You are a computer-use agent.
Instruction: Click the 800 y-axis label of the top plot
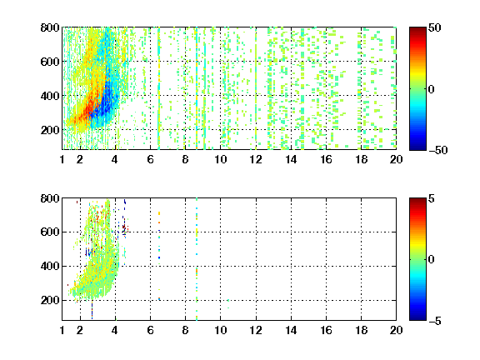pos(50,27)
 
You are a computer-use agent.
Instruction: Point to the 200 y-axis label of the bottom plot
pos(50,300)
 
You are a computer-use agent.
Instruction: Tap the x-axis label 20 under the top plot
pos(396,159)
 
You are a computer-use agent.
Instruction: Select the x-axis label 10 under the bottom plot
pos(220,330)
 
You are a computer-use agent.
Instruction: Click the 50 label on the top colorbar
pos(434,27)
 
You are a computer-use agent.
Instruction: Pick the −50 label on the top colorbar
pos(437,150)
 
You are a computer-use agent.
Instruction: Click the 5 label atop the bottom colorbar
pos(432,198)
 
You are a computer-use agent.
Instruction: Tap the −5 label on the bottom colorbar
pos(435,321)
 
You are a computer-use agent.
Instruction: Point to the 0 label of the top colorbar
pos(432,89)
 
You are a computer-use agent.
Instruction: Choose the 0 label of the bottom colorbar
pos(432,260)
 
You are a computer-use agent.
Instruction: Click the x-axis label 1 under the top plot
pos(62,159)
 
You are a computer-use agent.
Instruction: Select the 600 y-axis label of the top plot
pos(50,62)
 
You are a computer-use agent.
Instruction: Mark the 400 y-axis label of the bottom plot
pos(50,266)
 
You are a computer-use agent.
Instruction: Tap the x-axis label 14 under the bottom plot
pos(291,330)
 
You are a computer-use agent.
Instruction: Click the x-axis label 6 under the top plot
pos(150,159)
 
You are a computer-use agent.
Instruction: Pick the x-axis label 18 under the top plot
pos(361,159)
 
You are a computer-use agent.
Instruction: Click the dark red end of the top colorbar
pos(417,29)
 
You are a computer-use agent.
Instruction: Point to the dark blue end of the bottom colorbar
pos(417,318)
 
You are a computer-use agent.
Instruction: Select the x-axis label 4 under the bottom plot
pos(115,330)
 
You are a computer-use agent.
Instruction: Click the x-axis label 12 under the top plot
pos(256,159)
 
